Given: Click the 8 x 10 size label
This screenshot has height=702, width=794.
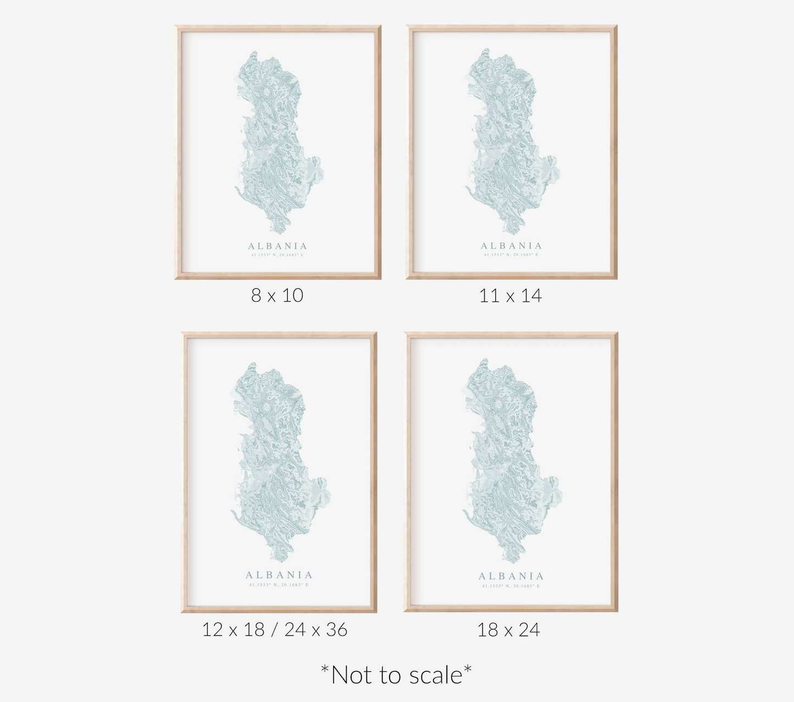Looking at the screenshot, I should pos(277,296).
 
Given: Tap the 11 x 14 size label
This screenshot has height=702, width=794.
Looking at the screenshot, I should pos(510,296).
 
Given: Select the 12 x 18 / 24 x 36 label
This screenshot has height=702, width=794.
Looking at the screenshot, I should pos(275,629).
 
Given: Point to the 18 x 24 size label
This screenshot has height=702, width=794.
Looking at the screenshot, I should pos(508,629).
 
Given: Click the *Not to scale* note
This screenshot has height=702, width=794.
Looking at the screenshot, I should pos(396,675).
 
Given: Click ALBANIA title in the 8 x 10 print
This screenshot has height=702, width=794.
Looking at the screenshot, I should pos(277,246).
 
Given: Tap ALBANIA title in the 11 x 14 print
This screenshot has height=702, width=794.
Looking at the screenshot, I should pos(511,246).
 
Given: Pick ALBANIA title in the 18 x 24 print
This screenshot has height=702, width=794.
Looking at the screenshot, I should pos(511,576).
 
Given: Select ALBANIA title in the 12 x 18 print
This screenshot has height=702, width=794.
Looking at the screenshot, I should pos(279,575).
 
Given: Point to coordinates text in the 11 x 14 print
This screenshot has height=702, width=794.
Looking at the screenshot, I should pos(511,254).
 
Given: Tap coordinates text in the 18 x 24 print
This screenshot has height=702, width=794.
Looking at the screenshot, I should pos(511,586).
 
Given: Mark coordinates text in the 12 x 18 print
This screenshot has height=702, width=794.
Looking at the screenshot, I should pos(279,585).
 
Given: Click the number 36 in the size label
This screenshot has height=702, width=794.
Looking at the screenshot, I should pos(336,629).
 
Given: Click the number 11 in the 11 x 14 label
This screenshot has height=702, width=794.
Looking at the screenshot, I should pos(488,296).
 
